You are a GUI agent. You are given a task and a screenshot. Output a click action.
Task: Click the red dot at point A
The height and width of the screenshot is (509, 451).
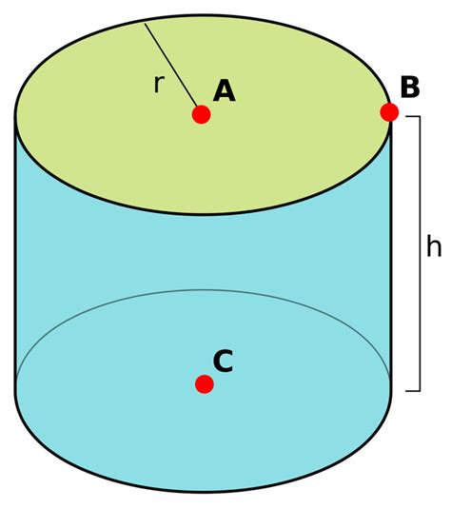[202, 114]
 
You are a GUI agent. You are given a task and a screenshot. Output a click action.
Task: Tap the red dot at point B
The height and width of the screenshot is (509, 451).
[389, 112]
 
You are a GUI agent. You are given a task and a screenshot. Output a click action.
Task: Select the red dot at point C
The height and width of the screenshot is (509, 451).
[205, 384]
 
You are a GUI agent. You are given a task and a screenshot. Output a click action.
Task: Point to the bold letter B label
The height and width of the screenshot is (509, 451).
[410, 87]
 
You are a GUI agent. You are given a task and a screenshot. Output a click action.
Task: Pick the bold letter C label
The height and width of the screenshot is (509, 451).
[223, 361]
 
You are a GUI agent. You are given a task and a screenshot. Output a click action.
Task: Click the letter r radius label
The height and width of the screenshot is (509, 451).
[159, 84]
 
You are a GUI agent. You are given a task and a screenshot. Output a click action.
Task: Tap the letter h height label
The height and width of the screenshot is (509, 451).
[434, 246]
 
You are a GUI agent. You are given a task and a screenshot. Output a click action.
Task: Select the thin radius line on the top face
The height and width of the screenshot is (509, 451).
[170, 65]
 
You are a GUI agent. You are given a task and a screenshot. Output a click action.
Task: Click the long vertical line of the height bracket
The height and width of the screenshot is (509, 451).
[420, 253]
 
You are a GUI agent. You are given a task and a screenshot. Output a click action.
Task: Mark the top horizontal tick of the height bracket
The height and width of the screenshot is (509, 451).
[413, 116]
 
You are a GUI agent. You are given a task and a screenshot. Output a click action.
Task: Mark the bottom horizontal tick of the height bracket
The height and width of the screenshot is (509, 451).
[413, 391]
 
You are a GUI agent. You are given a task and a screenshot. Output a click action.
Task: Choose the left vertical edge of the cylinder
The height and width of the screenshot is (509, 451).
[15, 253]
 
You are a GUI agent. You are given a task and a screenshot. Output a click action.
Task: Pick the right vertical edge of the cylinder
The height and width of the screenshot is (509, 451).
[390, 253]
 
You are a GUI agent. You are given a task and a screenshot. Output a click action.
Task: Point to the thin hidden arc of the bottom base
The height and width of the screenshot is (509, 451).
[203, 290]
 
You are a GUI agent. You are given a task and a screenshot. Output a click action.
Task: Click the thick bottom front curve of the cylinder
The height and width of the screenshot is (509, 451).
[203, 491]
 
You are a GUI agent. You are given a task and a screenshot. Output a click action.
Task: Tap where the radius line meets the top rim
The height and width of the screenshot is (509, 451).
[145, 24]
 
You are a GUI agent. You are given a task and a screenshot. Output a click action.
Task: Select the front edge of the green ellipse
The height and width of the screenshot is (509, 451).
[203, 214]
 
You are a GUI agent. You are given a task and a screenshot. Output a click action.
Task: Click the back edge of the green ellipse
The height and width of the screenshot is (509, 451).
[203, 15]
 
